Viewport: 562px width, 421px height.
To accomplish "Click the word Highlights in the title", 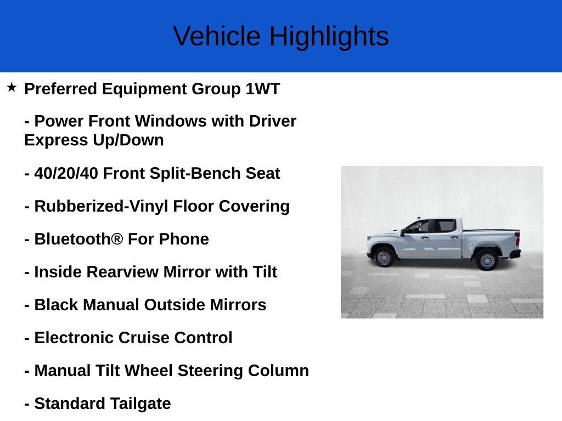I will (329, 36).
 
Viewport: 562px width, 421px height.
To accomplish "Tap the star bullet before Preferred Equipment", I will (12, 87).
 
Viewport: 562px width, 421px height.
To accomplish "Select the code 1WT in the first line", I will (262, 89).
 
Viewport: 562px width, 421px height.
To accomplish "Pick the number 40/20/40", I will (66, 173).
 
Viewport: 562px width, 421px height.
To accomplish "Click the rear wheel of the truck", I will (487, 260).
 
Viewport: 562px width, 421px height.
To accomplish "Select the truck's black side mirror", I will (402, 232).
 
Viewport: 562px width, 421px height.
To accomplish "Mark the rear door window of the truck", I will (445, 226).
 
